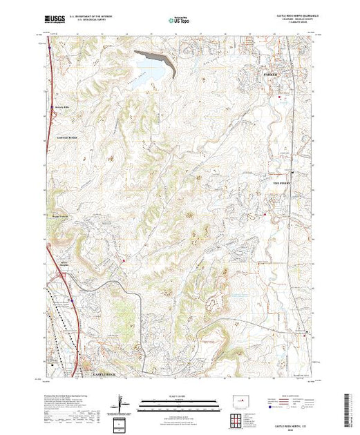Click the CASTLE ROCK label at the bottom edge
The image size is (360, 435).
click(108, 374)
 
